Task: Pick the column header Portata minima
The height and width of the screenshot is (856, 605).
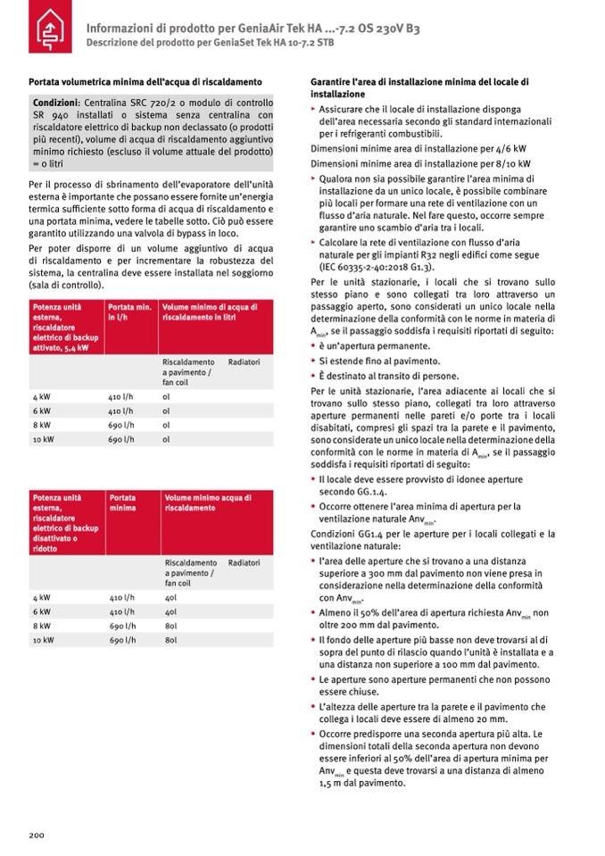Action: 122,501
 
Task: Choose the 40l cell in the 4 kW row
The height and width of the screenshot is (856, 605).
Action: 170,596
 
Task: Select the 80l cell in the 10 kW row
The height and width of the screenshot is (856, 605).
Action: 170,640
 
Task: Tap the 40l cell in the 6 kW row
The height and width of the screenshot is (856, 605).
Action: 170,611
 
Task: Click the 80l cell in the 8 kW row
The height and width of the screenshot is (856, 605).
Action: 170,626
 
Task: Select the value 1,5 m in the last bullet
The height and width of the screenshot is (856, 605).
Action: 329,783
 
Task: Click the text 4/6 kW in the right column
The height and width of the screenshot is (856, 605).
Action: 512,149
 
